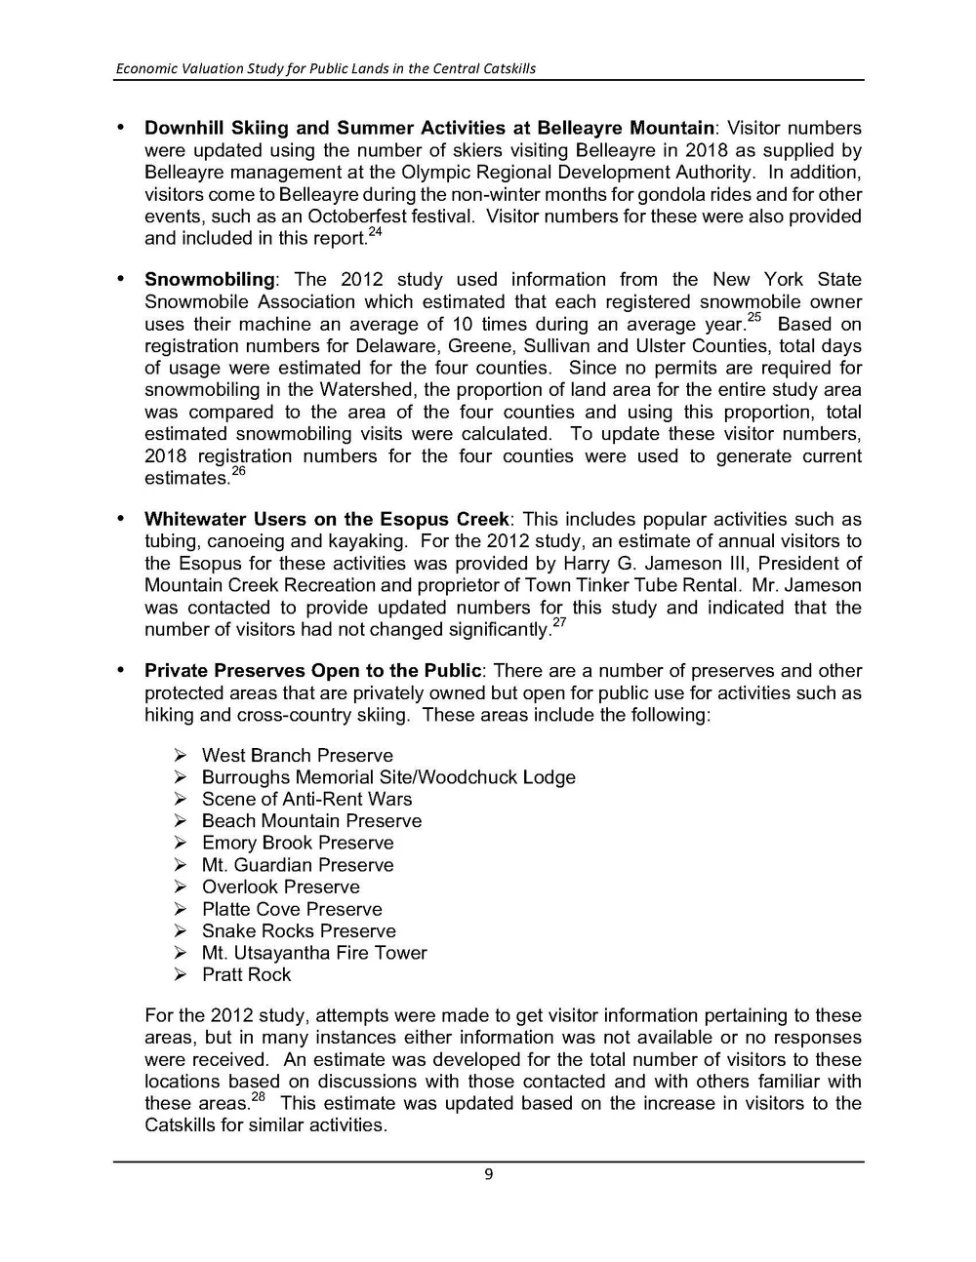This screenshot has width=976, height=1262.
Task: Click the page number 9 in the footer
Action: click(488, 1174)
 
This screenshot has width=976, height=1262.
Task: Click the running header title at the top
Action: click(325, 68)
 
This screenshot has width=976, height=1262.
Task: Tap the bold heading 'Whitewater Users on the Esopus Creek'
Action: click(326, 520)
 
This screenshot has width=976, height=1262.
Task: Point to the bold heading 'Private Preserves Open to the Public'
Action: click(312, 671)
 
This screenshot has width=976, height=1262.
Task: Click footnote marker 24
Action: click(375, 233)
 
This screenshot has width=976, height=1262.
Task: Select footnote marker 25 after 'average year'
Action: click(753, 319)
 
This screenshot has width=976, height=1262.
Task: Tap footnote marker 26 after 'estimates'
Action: click(238, 473)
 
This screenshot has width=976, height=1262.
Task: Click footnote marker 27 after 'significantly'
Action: click(559, 624)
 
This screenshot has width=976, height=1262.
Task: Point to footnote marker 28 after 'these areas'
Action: click(258, 1098)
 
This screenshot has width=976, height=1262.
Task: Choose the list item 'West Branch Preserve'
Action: click(297, 756)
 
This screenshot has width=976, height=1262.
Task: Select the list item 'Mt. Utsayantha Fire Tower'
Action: click(314, 953)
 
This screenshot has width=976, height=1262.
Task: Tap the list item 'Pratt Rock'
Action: click(246, 975)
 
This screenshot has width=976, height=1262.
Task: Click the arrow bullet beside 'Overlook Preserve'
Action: click(181, 887)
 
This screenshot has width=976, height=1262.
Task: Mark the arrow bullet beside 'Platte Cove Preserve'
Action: click(181, 909)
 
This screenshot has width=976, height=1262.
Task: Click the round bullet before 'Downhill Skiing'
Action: click(121, 128)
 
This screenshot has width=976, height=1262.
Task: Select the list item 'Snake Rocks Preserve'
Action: click(299, 931)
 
